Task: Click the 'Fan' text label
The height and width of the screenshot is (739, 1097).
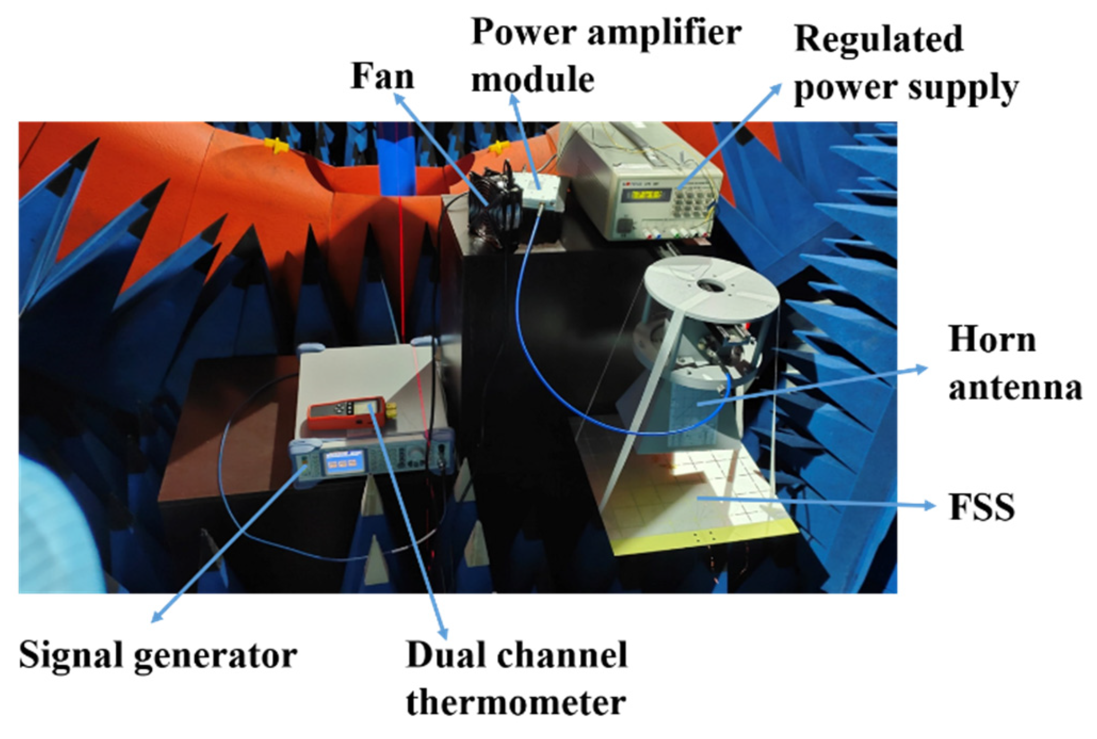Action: (x=382, y=76)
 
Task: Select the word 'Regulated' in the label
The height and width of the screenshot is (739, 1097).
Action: (x=878, y=39)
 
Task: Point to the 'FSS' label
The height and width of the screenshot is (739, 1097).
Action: (x=981, y=507)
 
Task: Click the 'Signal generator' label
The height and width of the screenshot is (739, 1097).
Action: (x=158, y=655)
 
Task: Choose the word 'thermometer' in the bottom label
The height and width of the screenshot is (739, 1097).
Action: (x=516, y=703)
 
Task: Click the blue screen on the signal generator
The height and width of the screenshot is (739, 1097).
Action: (x=345, y=463)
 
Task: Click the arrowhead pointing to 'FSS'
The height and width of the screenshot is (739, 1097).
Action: (x=930, y=505)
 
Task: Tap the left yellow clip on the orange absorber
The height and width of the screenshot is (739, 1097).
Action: (x=277, y=145)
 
